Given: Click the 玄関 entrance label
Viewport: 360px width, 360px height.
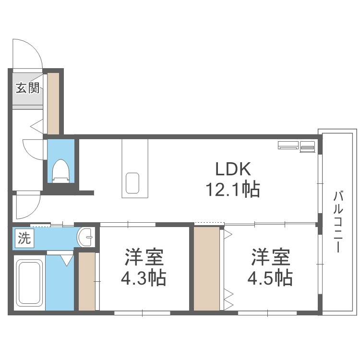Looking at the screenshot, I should point(27,88).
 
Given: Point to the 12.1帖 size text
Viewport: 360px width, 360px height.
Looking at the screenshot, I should point(232,190).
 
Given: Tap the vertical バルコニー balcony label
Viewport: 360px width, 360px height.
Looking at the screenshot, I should point(339,222).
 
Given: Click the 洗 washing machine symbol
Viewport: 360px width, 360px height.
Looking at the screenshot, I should point(24,238).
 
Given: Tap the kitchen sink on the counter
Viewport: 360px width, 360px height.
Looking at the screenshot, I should point(133,182).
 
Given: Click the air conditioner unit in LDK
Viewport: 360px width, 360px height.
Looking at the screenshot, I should point(297,146).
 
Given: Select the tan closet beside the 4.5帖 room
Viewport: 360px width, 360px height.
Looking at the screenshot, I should point(207,269).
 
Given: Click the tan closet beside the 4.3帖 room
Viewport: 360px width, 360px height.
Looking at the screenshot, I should point(87,280).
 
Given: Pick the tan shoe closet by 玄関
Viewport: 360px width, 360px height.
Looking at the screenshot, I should point(53,103).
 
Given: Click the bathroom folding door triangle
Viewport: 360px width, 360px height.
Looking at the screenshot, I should point(66,260).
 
